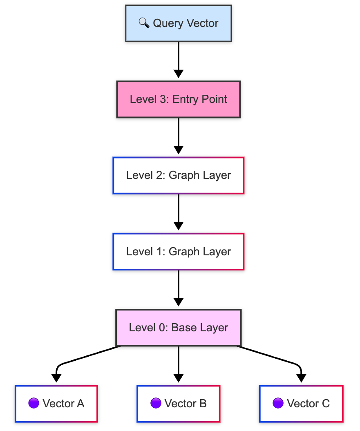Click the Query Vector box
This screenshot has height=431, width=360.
179,23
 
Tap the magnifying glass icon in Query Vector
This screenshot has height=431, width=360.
144,23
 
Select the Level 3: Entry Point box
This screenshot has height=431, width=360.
179,99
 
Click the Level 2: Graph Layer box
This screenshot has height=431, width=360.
179,176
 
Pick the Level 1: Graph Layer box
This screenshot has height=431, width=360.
179,252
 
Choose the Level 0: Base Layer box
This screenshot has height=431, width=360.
179,328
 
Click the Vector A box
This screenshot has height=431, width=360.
56,404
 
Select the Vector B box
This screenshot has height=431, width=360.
179,404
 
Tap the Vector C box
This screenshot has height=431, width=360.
301,404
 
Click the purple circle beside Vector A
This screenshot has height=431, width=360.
34,403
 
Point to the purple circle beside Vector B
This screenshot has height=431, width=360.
156,403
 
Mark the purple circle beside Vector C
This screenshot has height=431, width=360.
278,403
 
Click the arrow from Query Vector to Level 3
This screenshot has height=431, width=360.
179,57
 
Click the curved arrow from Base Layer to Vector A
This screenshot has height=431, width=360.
82,358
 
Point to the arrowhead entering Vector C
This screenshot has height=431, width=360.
301,378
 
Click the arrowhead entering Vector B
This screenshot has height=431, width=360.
179,378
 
